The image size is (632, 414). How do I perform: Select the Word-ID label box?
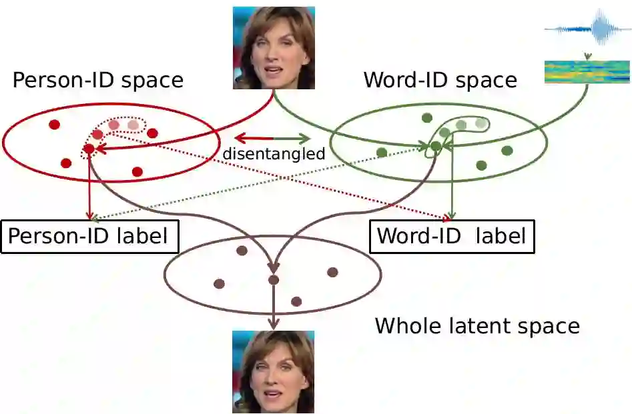point(452,236)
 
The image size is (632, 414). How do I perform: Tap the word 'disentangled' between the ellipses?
point(274,154)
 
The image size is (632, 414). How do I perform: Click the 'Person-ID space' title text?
point(97,81)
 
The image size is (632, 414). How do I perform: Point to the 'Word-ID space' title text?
point(440,81)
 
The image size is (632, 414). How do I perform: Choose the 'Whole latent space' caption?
point(477,326)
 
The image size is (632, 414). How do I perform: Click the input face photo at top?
point(274,48)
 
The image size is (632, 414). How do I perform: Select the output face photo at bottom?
point(273,372)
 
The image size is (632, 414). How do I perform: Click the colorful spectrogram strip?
point(587,72)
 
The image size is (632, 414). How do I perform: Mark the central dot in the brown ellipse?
point(273,280)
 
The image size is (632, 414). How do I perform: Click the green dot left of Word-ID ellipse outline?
point(382,153)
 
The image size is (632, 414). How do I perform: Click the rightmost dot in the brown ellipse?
point(332,272)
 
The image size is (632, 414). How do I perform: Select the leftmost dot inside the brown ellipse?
point(219,283)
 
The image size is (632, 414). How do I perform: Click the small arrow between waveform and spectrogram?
point(587,56)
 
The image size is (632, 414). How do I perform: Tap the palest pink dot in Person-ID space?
point(133,125)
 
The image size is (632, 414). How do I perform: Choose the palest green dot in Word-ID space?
point(481,123)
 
